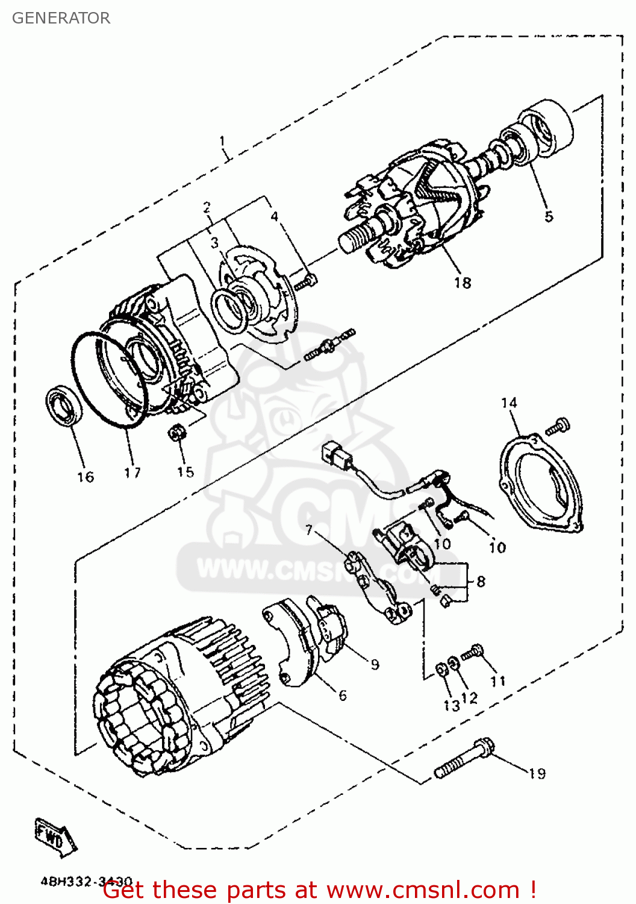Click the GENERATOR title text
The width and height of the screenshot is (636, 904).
[61, 18]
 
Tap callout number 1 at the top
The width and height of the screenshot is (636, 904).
[222, 142]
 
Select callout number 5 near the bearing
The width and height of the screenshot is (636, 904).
[548, 216]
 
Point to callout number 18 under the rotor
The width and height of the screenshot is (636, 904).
[462, 283]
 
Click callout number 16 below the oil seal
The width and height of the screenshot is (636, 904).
[86, 477]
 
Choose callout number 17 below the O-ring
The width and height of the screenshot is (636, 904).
[132, 473]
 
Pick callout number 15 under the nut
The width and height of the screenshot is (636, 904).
[185, 472]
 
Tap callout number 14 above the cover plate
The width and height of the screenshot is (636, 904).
[509, 403]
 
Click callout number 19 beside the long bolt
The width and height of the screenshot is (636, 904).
[537, 773]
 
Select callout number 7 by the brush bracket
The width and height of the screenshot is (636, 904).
[309, 530]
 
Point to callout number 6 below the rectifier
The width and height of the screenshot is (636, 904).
[342, 695]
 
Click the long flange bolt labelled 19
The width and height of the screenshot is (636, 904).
[464, 758]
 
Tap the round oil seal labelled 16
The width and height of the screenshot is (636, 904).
[63, 408]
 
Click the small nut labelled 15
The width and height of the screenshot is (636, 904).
[177, 432]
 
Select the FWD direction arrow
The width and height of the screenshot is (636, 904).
[55, 836]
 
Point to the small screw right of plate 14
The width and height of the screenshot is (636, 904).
[557, 427]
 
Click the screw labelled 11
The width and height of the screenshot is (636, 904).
[473, 652]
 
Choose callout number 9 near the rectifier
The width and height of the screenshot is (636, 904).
[375, 664]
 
